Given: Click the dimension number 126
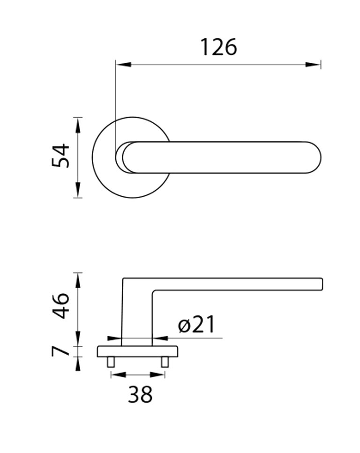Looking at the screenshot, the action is [218, 47].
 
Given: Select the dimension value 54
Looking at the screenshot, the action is [61, 156].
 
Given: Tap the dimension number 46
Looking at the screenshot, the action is [61, 305].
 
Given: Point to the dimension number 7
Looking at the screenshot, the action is [61, 351].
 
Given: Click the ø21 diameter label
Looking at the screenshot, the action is [196, 324].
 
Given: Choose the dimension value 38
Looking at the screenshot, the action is [140, 394].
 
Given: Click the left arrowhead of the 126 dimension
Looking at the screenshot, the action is [123, 65].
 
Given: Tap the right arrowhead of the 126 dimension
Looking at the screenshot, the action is [313, 65].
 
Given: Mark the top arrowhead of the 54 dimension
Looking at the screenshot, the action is [77, 126].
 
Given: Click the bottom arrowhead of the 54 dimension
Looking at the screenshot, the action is [77, 190].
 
